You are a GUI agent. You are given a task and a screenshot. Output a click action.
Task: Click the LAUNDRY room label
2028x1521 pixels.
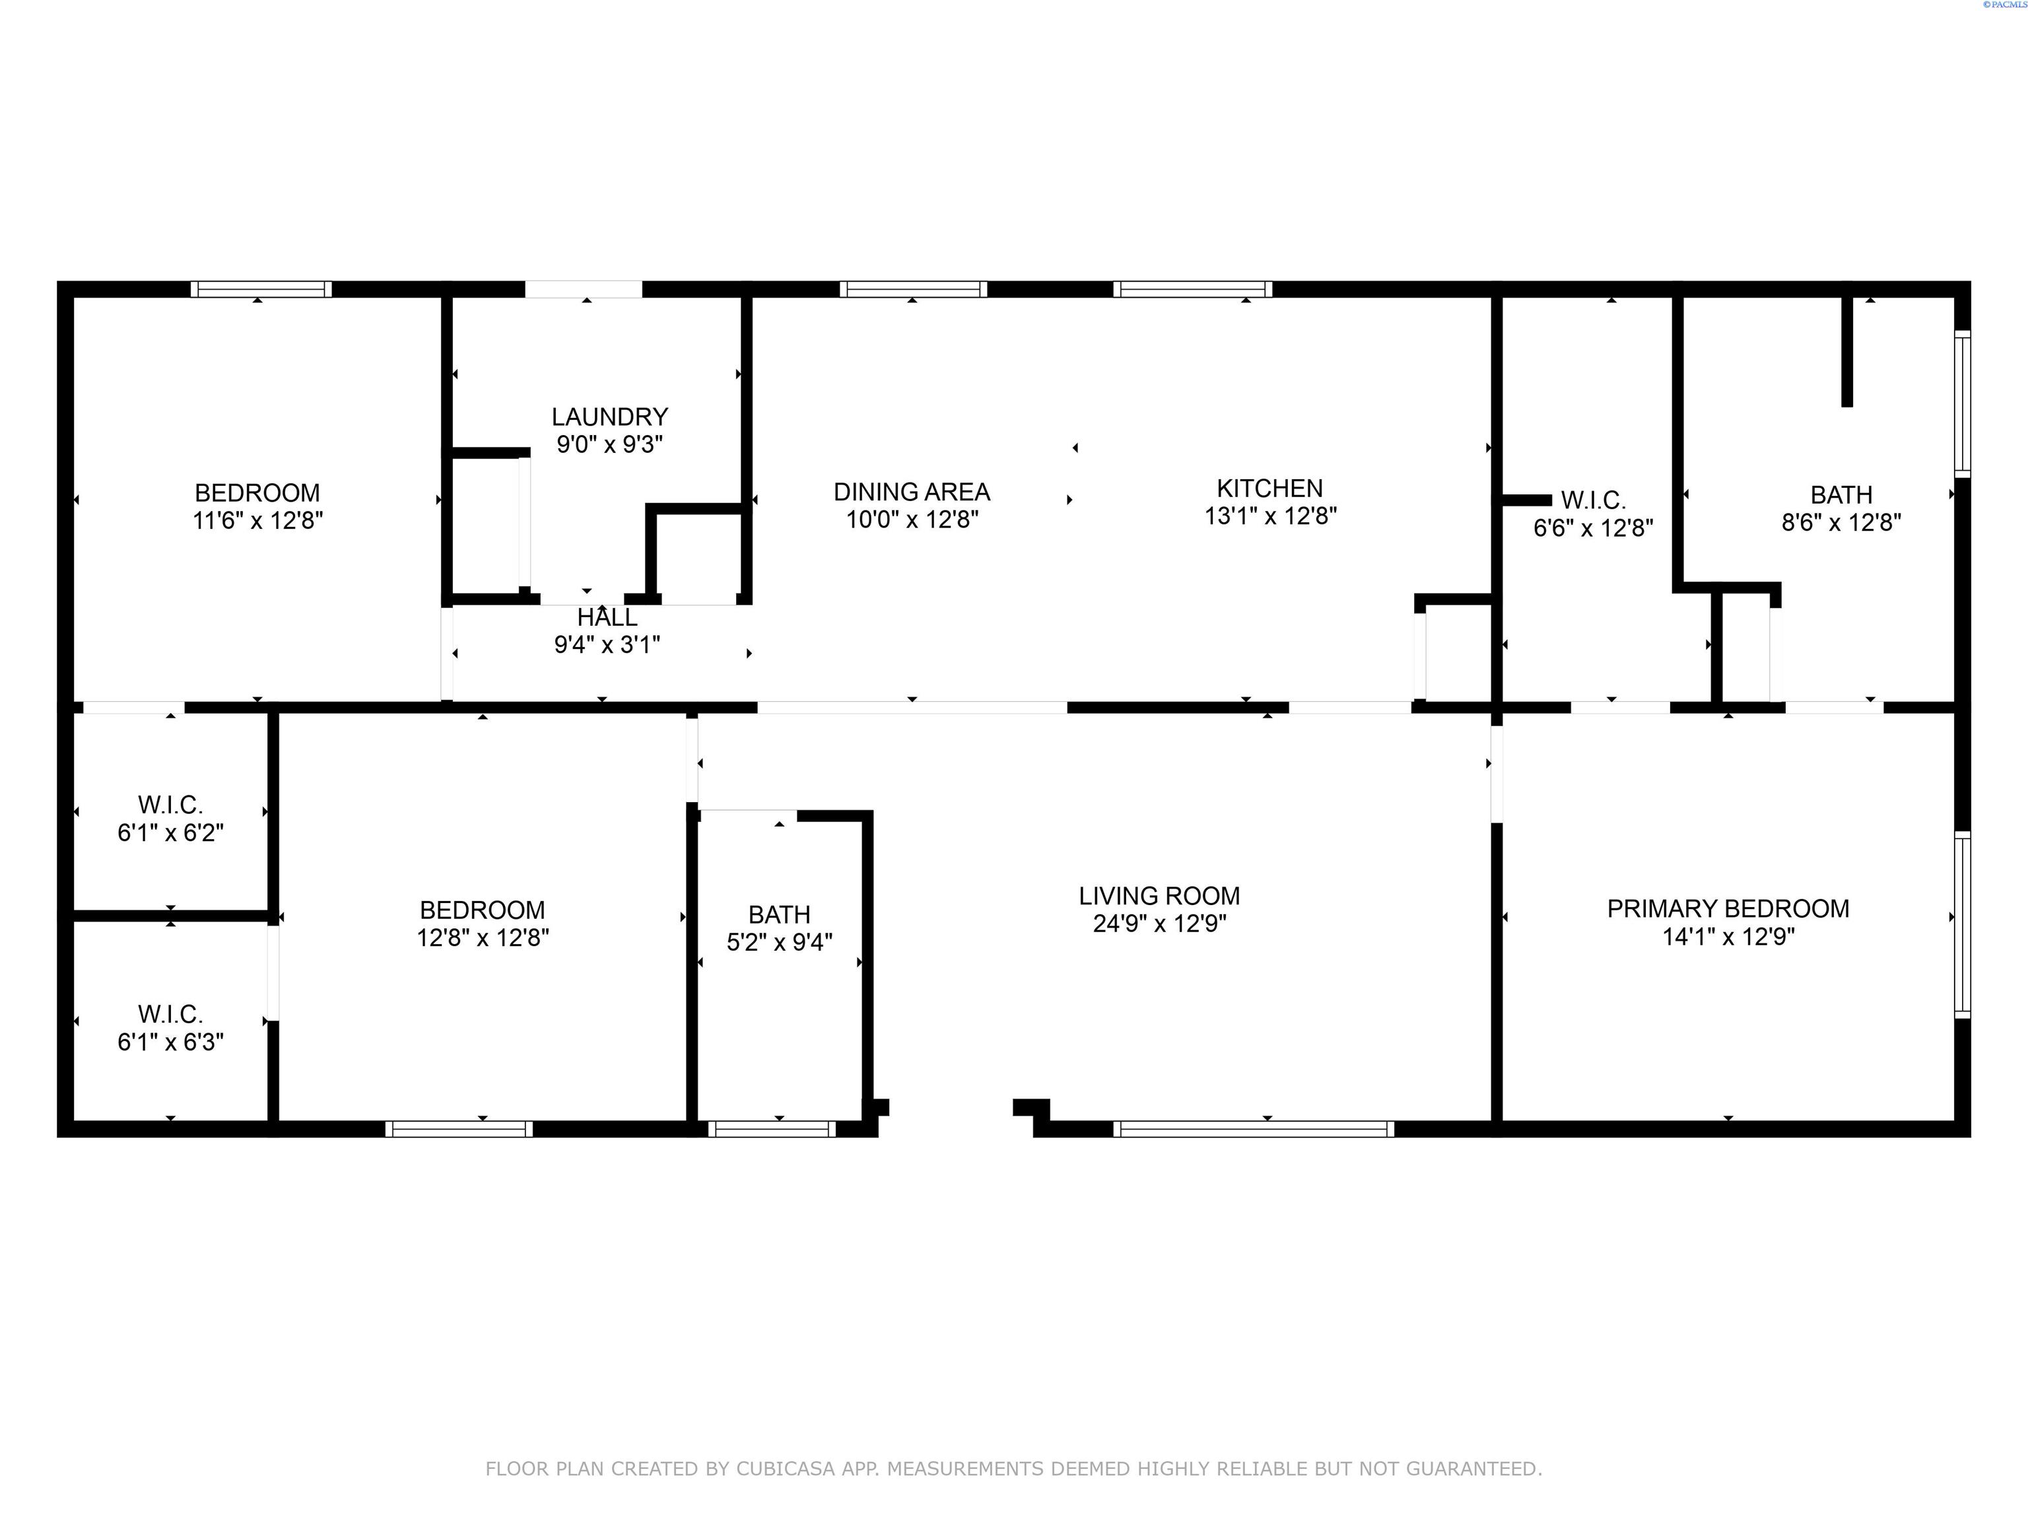(x=610, y=417)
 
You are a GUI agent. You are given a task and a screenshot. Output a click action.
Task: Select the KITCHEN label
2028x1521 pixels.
(x=1269, y=489)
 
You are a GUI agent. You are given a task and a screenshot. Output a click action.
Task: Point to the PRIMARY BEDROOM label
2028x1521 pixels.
(x=1728, y=908)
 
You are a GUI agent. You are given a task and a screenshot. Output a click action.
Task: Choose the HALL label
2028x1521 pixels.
(x=607, y=618)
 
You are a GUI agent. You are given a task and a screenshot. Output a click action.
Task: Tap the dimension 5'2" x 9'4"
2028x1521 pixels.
(x=779, y=943)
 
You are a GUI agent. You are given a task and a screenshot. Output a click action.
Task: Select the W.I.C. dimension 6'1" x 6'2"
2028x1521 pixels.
(x=170, y=833)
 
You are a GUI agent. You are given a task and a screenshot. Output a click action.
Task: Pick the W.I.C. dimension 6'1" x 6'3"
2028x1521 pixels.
(x=170, y=1042)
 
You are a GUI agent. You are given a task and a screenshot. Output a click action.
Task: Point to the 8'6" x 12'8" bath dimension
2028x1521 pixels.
(x=1841, y=523)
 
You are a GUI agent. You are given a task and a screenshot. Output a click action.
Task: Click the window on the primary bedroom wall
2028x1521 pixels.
(x=1962, y=924)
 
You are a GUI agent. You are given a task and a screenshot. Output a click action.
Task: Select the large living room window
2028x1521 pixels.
(x=1253, y=1130)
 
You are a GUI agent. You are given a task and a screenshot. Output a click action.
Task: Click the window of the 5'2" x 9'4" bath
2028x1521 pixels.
(x=771, y=1130)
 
